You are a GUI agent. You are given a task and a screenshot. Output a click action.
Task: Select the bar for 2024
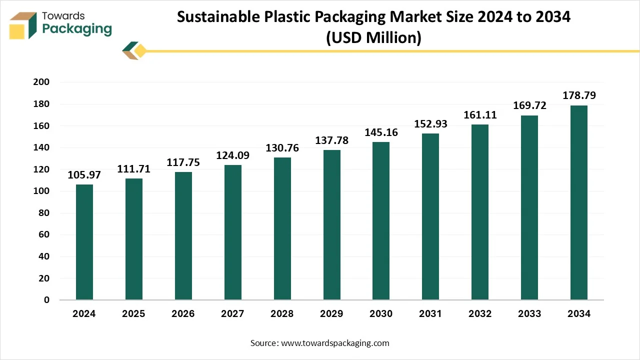(84, 242)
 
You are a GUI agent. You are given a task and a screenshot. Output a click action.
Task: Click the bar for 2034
(578, 202)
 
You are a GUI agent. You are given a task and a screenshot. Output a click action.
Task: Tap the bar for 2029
(331, 225)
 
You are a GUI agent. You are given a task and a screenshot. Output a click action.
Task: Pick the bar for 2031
(430, 216)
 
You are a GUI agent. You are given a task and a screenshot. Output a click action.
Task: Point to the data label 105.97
(84, 175)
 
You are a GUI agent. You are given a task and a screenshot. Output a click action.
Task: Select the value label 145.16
(381, 132)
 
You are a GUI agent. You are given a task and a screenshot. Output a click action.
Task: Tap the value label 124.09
(232, 155)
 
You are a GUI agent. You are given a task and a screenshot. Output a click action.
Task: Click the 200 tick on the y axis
(42, 82)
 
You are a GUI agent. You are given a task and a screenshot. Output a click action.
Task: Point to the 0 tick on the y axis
(46, 300)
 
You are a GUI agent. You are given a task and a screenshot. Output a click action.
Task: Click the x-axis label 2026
(183, 314)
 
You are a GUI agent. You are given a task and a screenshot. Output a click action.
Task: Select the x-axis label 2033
(529, 314)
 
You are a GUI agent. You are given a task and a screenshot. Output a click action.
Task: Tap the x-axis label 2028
(282, 314)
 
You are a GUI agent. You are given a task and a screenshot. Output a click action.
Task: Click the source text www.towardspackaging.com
(335, 343)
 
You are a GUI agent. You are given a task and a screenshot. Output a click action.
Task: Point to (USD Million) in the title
(373, 37)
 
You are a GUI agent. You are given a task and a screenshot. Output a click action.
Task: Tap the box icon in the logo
(23, 25)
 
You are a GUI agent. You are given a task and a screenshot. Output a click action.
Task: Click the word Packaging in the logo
(76, 29)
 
